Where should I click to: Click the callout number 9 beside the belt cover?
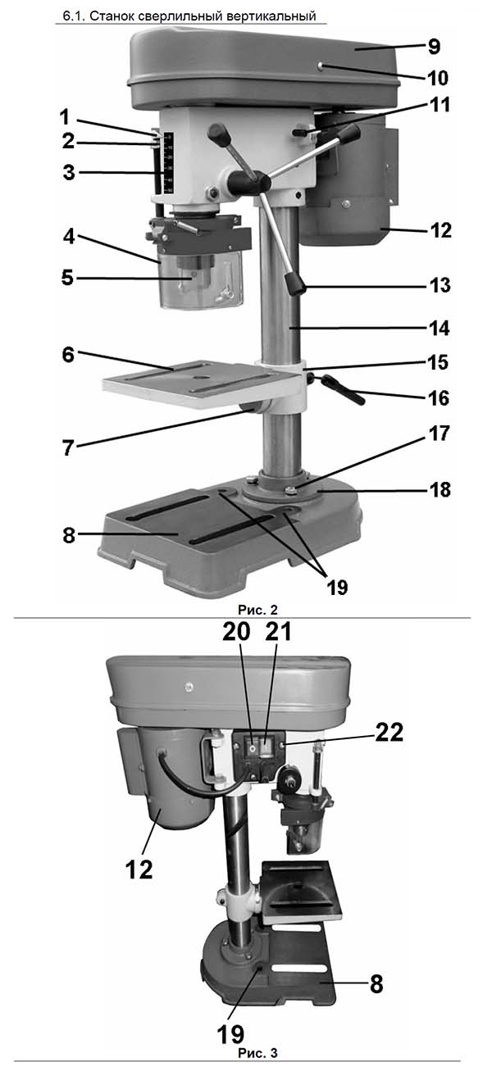pos(434,47)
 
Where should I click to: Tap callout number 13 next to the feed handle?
pos(440,285)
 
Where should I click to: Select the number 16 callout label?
pos(440,397)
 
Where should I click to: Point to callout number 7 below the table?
pos(68,447)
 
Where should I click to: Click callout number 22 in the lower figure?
pos(389,733)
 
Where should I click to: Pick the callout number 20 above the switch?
pos(236,632)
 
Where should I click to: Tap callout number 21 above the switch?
pos(278,632)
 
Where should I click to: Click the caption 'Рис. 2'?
pos(258,610)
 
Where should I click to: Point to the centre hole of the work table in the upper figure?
pos(197,379)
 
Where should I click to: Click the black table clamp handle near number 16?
pos(344,391)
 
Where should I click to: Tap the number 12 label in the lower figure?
pos(139,869)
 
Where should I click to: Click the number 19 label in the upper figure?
pos(337,587)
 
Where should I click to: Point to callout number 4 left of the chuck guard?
pos(69,237)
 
